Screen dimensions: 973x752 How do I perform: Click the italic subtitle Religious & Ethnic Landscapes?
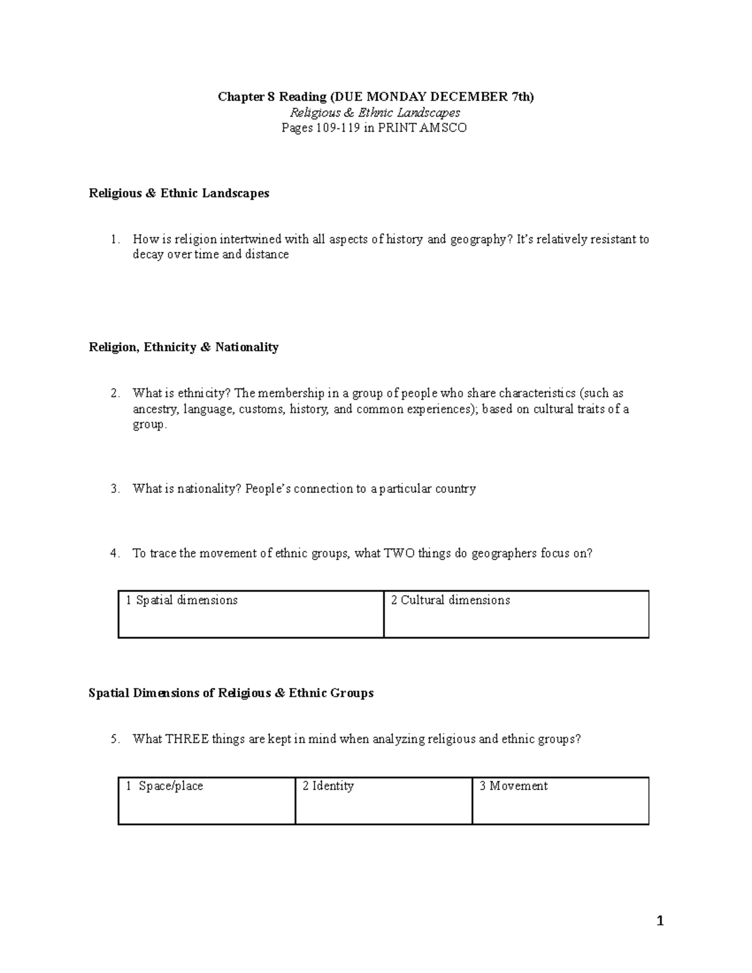375,113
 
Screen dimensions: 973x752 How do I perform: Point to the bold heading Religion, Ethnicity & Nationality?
184,347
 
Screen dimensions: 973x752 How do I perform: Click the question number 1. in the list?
114,239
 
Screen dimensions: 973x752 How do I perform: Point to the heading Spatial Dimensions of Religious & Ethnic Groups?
231,693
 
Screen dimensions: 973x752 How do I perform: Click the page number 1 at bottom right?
659,920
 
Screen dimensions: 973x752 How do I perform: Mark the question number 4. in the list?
114,553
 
